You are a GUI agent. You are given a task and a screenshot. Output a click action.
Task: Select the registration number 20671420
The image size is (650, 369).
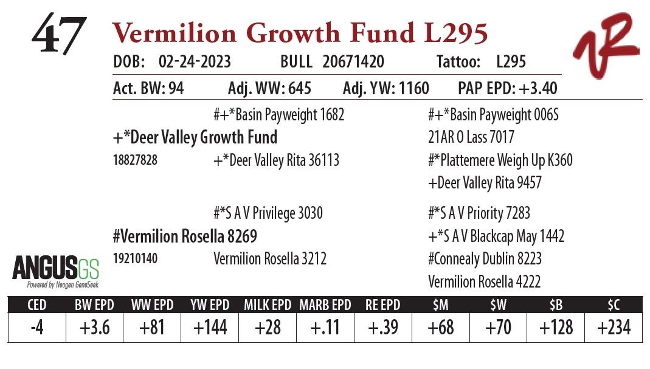click(x=353, y=62)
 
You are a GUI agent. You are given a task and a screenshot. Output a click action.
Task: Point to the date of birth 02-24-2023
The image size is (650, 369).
click(x=195, y=62)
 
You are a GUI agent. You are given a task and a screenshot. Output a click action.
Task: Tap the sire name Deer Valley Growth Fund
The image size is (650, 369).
click(x=195, y=137)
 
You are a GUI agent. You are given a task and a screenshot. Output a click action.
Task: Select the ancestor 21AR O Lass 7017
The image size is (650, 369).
click(x=471, y=137)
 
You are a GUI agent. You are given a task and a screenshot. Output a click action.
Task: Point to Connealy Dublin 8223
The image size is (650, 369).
click(x=485, y=259)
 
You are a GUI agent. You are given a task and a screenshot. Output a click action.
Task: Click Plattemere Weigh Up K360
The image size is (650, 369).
click(x=500, y=160)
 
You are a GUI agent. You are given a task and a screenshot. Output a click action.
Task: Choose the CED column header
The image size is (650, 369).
click(x=36, y=305)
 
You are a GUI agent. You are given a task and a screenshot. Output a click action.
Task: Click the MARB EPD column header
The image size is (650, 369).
click(x=325, y=305)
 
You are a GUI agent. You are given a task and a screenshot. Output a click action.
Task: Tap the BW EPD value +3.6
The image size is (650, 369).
click(x=94, y=328)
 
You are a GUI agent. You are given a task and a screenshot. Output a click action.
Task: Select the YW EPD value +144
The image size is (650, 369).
click(x=210, y=328)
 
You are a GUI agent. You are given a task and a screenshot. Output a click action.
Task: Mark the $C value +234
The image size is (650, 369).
click(x=614, y=328)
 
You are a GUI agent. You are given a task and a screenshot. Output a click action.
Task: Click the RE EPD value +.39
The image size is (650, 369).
click(x=383, y=328)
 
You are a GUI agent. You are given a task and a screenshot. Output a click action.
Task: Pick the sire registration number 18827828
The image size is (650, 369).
click(x=136, y=160)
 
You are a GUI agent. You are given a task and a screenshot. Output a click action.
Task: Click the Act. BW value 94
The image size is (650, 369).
click(x=176, y=89)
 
